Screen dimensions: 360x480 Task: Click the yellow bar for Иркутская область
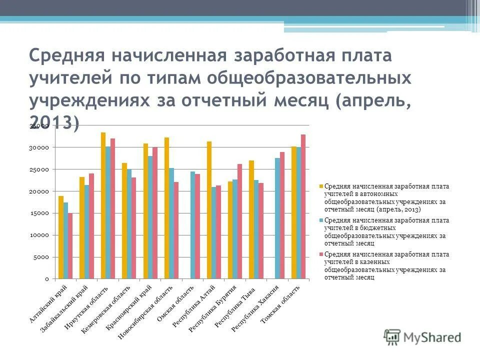103,205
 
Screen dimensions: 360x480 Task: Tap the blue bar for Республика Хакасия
277,218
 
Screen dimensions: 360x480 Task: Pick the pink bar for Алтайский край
70,245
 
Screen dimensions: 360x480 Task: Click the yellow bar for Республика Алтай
209,210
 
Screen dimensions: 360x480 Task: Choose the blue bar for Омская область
192,225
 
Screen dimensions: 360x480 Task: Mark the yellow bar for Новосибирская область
166,208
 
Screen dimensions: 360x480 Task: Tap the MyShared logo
422,336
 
